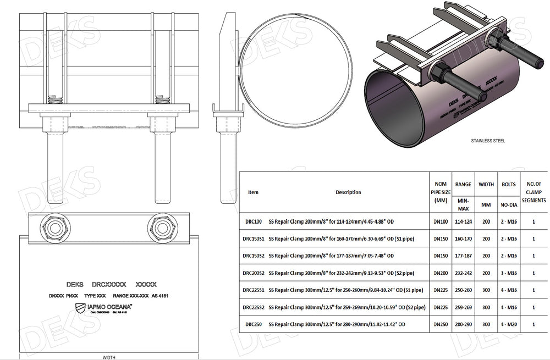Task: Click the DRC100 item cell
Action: [253, 223]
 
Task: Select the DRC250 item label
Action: [253, 324]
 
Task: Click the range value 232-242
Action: [464, 273]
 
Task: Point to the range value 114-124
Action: [464, 223]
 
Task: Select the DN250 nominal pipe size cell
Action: [440, 324]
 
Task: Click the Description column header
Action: [348, 192]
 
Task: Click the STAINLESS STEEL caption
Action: [487, 141]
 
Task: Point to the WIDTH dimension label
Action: [109, 356]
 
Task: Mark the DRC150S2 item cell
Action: [253, 256]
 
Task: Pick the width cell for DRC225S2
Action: [486, 307]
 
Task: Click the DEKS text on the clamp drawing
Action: [74, 284]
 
